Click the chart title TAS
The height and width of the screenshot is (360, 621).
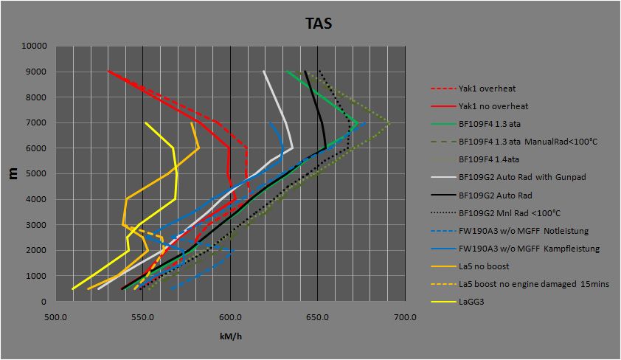click(319, 23)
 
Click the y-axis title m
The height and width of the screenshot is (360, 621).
click(14, 173)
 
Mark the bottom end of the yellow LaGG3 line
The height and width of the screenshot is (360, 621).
click(72, 289)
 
